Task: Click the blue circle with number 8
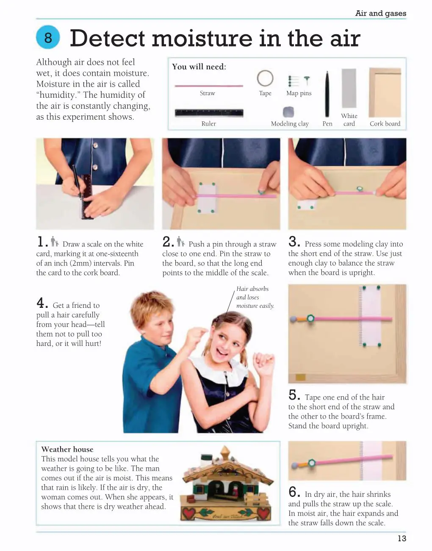(48, 37)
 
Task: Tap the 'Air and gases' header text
(380, 13)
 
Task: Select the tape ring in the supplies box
(265, 78)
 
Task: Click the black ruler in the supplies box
(209, 112)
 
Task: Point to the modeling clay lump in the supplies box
(288, 112)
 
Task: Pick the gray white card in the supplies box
(349, 88)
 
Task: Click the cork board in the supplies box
(385, 92)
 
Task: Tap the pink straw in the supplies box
(209, 86)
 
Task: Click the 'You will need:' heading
(199, 67)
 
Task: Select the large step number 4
(42, 302)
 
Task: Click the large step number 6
(294, 492)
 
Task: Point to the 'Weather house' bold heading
(67, 450)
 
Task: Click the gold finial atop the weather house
(225, 452)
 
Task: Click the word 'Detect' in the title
(108, 38)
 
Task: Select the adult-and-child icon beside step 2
(181, 241)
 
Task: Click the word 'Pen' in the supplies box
(327, 124)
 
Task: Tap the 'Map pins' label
(299, 93)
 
